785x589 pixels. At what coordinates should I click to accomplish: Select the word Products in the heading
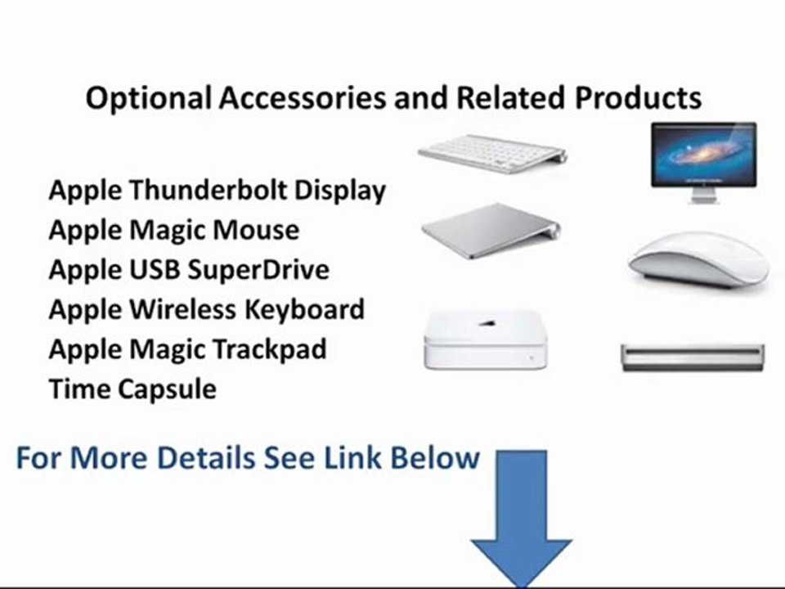coord(637,99)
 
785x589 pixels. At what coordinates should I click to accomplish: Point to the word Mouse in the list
coord(256,230)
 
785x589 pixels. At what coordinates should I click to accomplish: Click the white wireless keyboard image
coord(491,153)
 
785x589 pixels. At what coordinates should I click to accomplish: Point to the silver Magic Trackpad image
coord(491,229)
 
